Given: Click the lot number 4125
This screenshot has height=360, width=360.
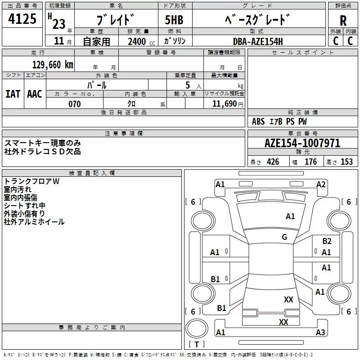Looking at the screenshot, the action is tap(22, 18).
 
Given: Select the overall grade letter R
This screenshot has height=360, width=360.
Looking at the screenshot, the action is tap(343, 21).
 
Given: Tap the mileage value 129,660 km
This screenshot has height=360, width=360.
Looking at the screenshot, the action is tap(53, 65).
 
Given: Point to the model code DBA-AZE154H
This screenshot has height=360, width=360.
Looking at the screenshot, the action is tap(258, 41).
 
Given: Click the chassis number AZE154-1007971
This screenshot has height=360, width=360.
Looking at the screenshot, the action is tap(302, 143).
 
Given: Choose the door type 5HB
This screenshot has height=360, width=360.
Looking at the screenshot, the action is tap(174, 20).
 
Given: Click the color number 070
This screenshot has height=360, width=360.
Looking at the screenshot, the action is tap(74, 104).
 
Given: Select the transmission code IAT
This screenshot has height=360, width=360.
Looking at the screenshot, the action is tap(13, 94).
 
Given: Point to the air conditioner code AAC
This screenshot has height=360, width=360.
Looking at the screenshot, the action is tap(35, 94).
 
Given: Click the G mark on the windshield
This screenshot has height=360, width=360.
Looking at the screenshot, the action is tap(284, 237).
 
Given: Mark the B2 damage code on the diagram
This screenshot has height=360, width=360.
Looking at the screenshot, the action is tap(327, 241).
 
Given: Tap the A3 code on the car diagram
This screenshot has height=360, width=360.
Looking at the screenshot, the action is tap(320, 332).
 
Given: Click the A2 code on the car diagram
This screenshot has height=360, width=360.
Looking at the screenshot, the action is tap(321, 184).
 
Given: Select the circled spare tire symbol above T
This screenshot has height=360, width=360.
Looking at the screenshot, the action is tap(197, 328).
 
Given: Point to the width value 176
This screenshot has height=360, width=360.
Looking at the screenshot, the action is tap(310, 162).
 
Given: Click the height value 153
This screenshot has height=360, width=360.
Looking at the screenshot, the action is tap(346, 162).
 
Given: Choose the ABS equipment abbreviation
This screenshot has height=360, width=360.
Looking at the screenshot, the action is tap(258, 121).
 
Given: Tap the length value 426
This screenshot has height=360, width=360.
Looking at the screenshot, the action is tap(273, 162).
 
